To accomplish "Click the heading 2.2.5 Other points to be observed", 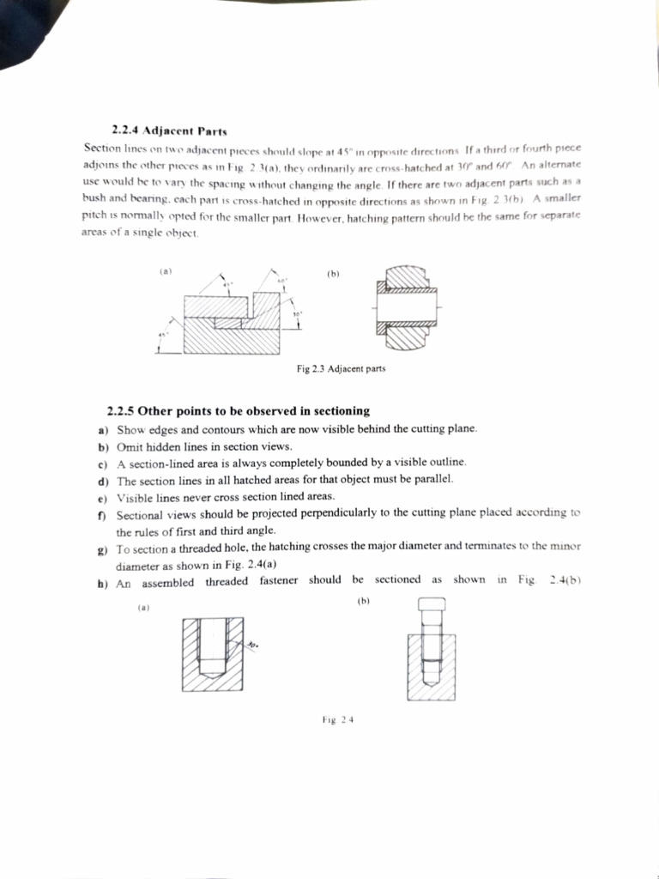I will click(239, 411).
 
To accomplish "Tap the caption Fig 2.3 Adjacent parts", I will click(341, 368).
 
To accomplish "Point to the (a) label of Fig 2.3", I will click(166, 272).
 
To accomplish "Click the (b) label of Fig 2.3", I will click(334, 275).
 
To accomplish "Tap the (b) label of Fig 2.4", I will click(362, 601).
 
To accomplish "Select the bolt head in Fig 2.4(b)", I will click(430, 607).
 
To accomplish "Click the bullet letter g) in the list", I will click(104, 547).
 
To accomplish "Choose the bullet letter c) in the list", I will click(103, 464).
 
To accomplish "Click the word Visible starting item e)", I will click(133, 497).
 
